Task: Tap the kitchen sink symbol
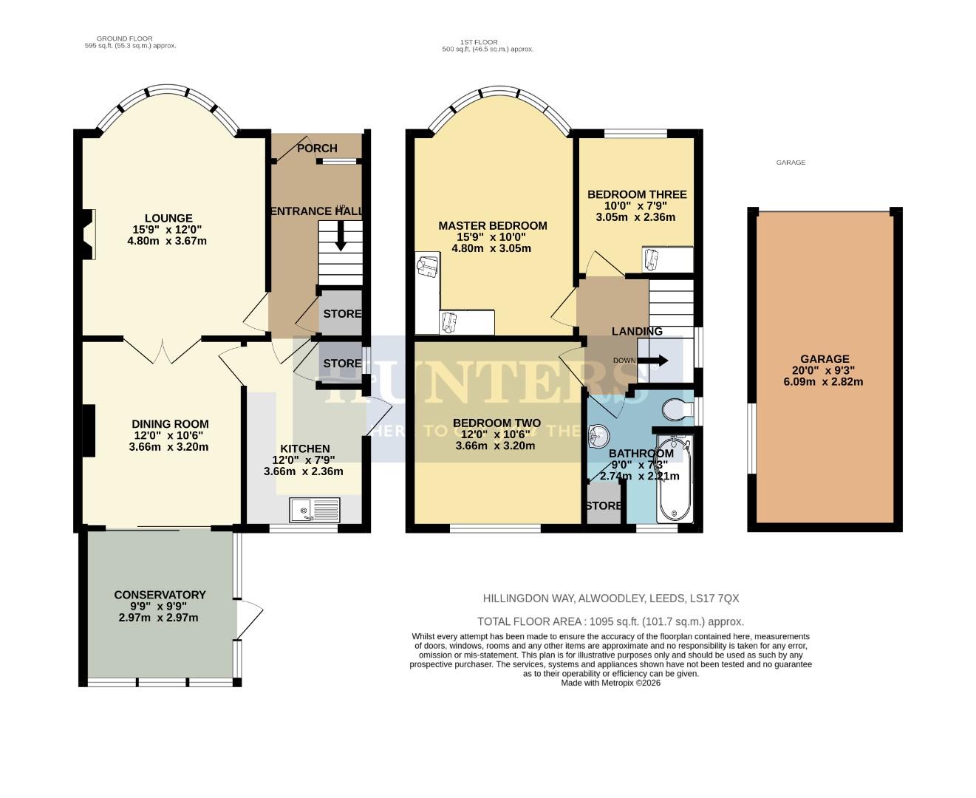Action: tap(315, 510)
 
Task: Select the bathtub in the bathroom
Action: tap(673, 480)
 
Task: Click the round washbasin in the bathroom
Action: tap(597, 437)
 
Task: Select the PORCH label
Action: tap(317, 149)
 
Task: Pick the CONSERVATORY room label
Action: tap(160, 595)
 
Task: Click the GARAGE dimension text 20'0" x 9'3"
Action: tap(824, 371)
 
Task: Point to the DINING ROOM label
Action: tap(170, 424)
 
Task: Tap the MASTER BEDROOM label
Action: tap(492, 226)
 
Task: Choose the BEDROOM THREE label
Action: tap(637, 194)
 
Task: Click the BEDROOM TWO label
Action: tap(496, 423)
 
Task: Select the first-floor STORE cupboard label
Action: tap(604, 506)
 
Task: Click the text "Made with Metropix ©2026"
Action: tap(610, 683)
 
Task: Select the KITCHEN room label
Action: tap(304, 449)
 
